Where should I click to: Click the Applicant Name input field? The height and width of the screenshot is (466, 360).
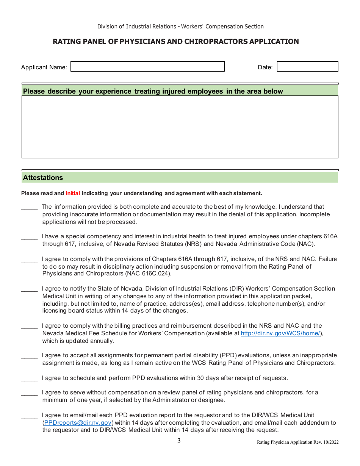pos(147,67)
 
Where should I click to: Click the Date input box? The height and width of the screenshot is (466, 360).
pos(307,67)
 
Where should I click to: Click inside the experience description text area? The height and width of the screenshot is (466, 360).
pos(180,127)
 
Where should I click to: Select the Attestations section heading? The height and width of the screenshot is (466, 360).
pos(43,178)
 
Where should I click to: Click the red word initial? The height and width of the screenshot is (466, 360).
pos(73,193)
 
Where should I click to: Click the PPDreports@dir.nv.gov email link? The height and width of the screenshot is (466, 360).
pos(78,423)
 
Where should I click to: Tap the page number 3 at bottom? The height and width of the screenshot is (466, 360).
pos(179,441)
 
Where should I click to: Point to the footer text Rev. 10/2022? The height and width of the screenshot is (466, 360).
pos(326,442)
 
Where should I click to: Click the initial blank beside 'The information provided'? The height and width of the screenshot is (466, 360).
pos(29,207)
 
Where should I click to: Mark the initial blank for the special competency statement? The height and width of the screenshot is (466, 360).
pos(29,237)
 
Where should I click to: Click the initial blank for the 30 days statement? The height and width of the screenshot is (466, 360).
pos(29,378)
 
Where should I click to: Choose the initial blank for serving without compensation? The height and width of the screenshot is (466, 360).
pos(29,393)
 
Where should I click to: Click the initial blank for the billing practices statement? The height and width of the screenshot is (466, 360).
pos(29,326)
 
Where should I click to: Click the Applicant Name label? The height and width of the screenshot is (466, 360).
pos(44,67)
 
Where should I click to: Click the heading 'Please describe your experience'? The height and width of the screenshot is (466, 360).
pos(153,91)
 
